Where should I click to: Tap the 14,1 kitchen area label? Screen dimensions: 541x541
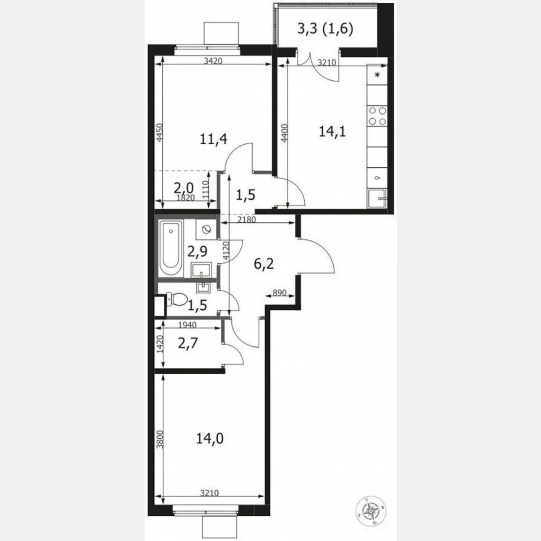tap(332, 132)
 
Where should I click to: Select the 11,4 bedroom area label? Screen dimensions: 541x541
tap(213, 140)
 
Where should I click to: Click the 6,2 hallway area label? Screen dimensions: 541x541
tap(265, 264)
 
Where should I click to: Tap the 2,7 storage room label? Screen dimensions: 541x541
tap(188, 345)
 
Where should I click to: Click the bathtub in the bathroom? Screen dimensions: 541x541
tap(171, 250)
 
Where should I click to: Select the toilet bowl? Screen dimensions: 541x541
tap(177, 298)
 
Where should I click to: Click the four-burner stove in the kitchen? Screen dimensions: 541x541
tap(377, 115)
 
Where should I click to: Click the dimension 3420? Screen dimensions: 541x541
tap(213, 62)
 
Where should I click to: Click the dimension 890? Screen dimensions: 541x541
tap(280, 293)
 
